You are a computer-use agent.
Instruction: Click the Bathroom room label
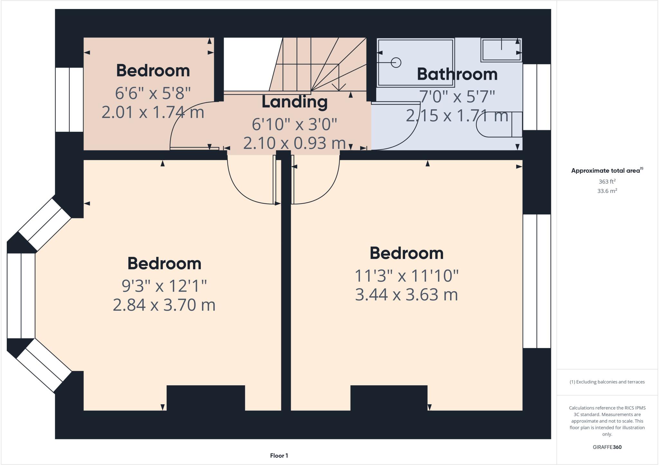[457, 74]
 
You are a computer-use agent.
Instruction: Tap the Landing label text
[294, 102]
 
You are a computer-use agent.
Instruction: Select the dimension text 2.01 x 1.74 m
[153, 113]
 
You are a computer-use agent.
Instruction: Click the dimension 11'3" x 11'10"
[406, 276]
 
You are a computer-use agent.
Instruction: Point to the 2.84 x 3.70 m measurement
[164, 305]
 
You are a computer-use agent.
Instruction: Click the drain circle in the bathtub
[396, 62]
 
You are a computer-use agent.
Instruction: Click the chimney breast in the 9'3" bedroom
[206, 398]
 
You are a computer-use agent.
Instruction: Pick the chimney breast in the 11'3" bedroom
[389, 398]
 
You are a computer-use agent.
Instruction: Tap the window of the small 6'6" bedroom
[69, 99]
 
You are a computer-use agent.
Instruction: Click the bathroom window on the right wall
[537, 97]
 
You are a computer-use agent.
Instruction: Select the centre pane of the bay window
[21, 296]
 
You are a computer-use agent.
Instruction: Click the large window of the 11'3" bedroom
[537, 281]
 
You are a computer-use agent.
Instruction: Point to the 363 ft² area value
[607, 181]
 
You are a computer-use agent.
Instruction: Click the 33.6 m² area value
[607, 191]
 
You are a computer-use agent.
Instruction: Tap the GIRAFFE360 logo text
[607, 447]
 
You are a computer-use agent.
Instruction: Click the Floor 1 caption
[279, 456]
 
